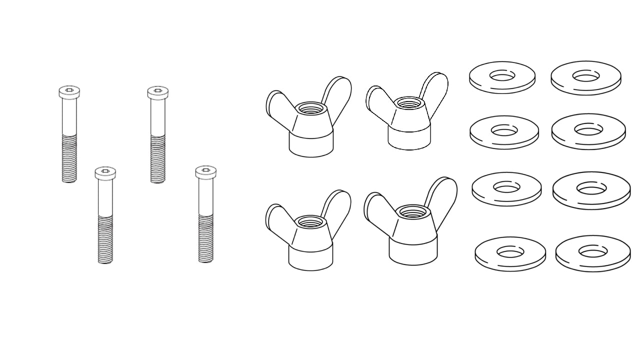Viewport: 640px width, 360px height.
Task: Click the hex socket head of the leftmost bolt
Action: pos(69,91)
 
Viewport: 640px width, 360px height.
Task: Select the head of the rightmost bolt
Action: pos(205,172)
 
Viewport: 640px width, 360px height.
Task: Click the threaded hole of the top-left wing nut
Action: pos(310,108)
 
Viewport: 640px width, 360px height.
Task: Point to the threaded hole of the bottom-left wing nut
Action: pos(310,222)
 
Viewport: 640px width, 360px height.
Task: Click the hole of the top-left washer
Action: pos(502,75)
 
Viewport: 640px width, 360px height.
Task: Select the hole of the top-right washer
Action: pos(586,76)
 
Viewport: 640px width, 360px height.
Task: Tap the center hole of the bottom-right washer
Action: pos(593,251)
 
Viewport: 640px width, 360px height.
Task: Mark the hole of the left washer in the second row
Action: pos(504,130)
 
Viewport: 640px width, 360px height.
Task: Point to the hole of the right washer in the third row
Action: pos(591,188)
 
